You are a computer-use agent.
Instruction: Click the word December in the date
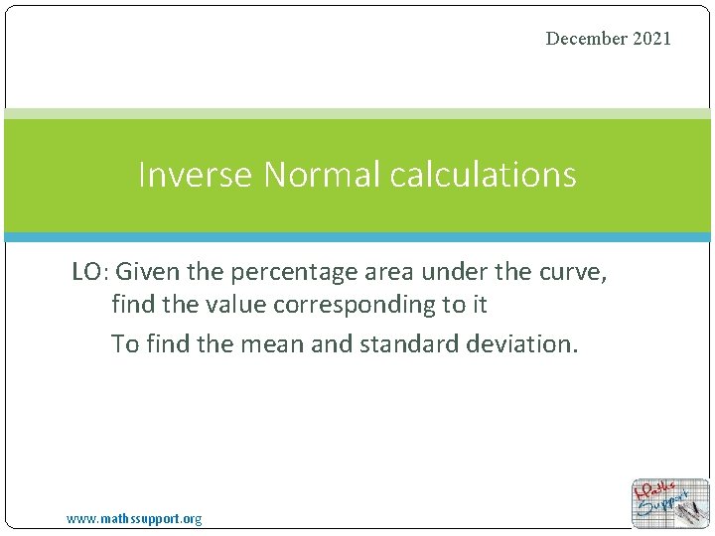(587, 39)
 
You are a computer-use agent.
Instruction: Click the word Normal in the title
(322, 175)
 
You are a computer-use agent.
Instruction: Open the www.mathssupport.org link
(134, 519)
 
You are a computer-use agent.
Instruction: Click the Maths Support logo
(670, 503)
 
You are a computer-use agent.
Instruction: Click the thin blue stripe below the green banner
(357, 237)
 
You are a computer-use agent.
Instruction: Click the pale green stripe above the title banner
(357, 113)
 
